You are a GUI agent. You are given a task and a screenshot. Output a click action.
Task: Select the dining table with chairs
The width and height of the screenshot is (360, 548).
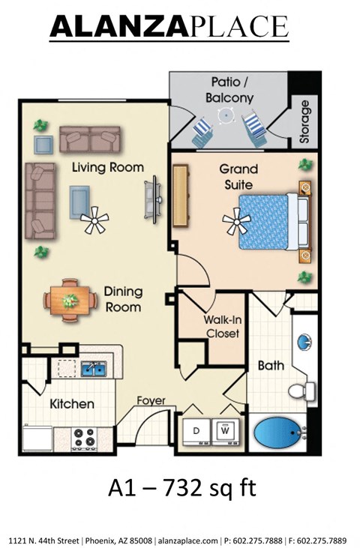coord(70,300)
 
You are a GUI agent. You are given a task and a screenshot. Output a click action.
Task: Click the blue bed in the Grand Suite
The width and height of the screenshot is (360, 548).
coord(268,220)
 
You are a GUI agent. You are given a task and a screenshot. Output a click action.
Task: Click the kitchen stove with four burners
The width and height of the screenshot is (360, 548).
coord(85,437)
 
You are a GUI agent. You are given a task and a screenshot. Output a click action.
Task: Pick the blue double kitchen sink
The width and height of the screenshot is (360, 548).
coord(94,367)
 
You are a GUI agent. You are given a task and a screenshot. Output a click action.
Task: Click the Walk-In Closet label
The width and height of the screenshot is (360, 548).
coord(221,326)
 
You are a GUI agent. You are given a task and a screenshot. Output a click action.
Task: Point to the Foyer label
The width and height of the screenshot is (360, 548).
coord(150,400)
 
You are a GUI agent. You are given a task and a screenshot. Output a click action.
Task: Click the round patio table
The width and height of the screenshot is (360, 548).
coord(224,115)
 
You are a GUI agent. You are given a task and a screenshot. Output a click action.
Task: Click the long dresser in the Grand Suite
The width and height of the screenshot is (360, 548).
coord(179,196)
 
